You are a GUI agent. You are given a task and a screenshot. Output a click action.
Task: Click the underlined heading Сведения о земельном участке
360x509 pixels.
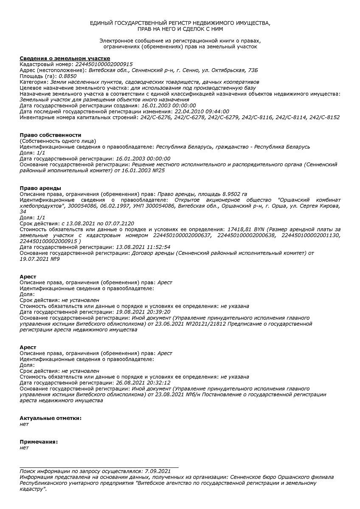(65, 59)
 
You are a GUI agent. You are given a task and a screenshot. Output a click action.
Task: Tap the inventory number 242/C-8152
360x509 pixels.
(324, 117)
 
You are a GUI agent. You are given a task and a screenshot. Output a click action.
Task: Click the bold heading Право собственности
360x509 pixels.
(50, 135)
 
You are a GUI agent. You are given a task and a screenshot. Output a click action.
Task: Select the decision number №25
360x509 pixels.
(158, 170)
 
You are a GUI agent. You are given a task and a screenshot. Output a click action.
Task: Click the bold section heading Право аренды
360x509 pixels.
(40, 188)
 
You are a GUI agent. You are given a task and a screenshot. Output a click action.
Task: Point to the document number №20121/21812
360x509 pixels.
(204, 324)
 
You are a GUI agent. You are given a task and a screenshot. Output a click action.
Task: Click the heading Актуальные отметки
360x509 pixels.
(51, 418)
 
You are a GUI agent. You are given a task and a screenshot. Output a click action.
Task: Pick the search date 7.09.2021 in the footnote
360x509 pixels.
(157, 471)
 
